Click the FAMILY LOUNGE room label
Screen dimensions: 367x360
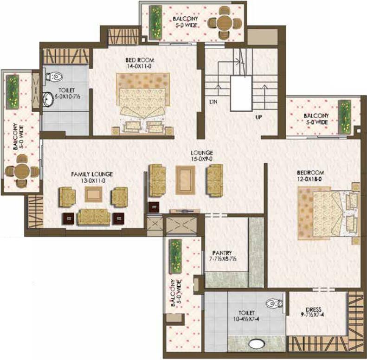[x=92, y=174]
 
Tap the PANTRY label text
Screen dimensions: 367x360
[x=222, y=253]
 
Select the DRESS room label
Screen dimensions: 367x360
[x=314, y=309]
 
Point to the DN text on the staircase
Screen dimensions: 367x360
[x=213, y=102]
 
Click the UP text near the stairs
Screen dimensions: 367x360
[x=258, y=117]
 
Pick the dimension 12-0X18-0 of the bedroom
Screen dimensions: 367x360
[x=309, y=179]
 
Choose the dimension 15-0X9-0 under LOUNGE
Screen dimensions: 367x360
[x=202, y=159]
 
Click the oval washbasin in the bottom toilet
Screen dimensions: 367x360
[x=257, y=344]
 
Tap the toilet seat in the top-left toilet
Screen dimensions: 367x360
[x=54, y=77]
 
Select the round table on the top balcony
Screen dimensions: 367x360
[x=224, y=23]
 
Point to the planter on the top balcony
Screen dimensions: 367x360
[x=155, y=22]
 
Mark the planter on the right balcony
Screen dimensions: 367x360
[x=345, y=117]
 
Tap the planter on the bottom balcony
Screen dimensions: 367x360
[x=175, y=256]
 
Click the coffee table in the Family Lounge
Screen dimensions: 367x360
[x=93, y=194]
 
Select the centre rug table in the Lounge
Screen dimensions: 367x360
[x=186, y=180]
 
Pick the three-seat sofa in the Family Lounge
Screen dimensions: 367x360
[x=94, y=217]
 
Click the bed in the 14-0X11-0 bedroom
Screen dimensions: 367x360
[x=143, y=104]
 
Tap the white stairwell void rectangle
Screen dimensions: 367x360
[x=241, y=93]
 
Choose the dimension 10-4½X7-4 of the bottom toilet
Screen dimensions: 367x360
[x=246, y=319]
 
